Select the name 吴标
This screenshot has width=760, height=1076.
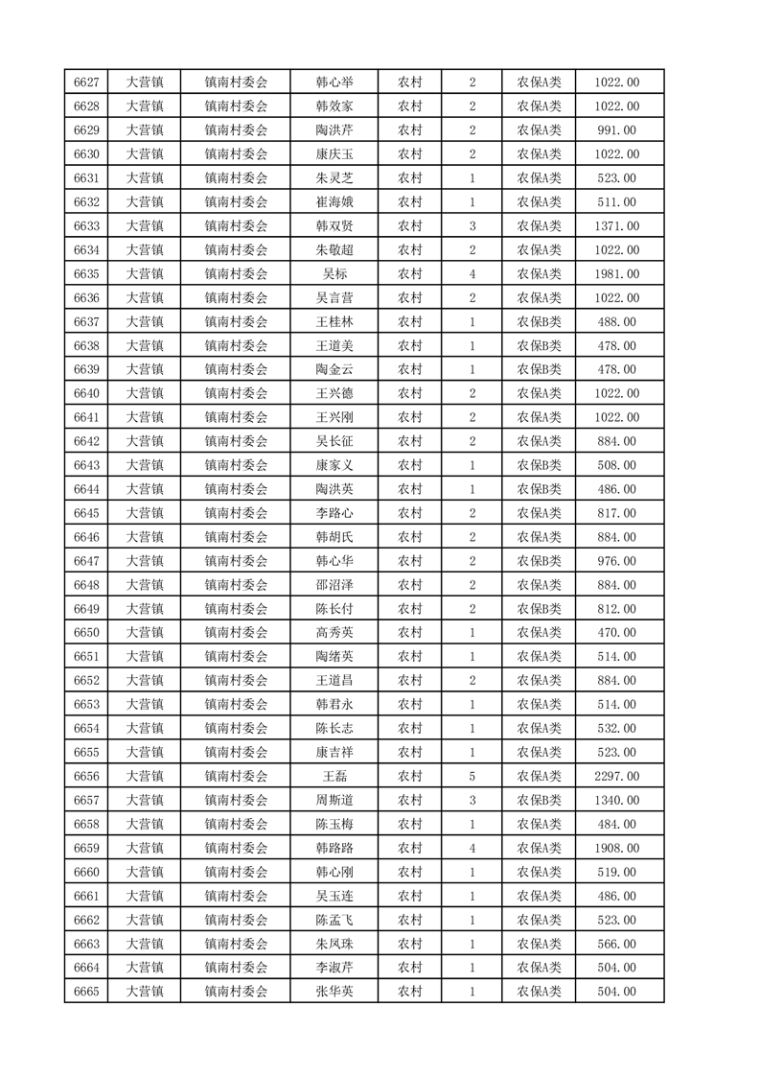click(x=334, y=274)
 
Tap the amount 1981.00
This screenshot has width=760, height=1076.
click(x=617, y=274)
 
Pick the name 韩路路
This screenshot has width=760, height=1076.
click(x=334, y=848)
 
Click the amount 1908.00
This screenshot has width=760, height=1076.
click(x=617, y=848)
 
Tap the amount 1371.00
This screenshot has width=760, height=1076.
click(x=617, y=226)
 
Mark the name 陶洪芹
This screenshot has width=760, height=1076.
click(x=334, y=130)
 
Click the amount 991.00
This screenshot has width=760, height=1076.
click(x=617, y=130)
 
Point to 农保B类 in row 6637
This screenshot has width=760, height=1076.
click(x=540, y=321)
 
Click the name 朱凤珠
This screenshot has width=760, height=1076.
click(x=334, y=944)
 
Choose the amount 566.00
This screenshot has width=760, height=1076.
click(x=617, y=944)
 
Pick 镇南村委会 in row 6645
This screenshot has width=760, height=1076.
click(x=236, y=513)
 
